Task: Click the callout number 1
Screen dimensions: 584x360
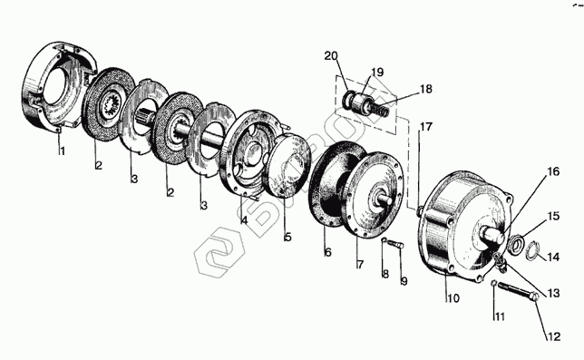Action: pyautogui.click(x=63, y=151)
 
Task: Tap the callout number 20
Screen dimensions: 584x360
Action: pyautogui.click(x=331, y=56)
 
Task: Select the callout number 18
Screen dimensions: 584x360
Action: pyautogui.click(x=426, y=90)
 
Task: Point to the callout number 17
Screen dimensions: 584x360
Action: pyautogui.click(x=426, y=127)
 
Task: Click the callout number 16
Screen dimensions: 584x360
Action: pyautogui.click(x=553, y=171)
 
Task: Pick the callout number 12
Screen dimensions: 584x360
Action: pyautogui.click(x=553, y=336)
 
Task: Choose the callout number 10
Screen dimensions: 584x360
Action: pyautogui.click(x=453, y=298)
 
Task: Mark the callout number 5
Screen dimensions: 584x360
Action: pyautogui.click(x=287, y=238)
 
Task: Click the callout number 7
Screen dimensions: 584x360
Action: pyautogui.click(x=360, y=265)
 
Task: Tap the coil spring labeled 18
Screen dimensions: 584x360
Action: pyautogui.click(x=380, y=109)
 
